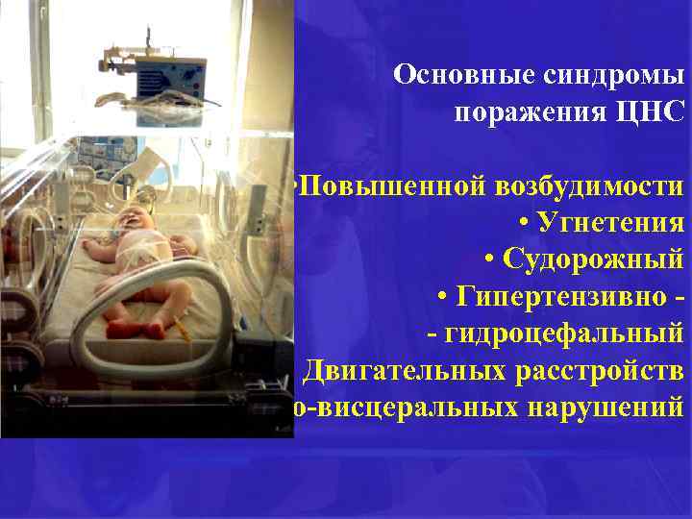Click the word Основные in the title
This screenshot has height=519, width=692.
coord(453,75)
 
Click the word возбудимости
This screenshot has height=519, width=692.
coord(592,185)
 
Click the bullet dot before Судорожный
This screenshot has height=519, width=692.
coord(492,260)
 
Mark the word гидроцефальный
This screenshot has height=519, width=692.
coord(564,334)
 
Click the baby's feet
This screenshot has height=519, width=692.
coord(130,327)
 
